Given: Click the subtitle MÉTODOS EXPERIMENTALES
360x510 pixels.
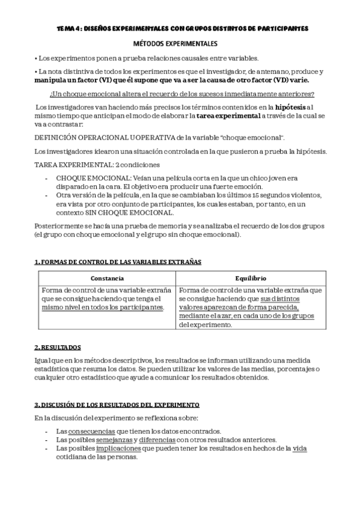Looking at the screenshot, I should click(x=180, y=44).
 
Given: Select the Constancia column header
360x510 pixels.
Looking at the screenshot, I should click(x=107, y=278).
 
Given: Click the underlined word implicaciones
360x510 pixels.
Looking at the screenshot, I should click(x=118, y=447).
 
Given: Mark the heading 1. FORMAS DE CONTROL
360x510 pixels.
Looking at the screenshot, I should click(x=118, y=262).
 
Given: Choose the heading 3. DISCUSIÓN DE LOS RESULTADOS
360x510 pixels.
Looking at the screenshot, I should click(x=117, y=405).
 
